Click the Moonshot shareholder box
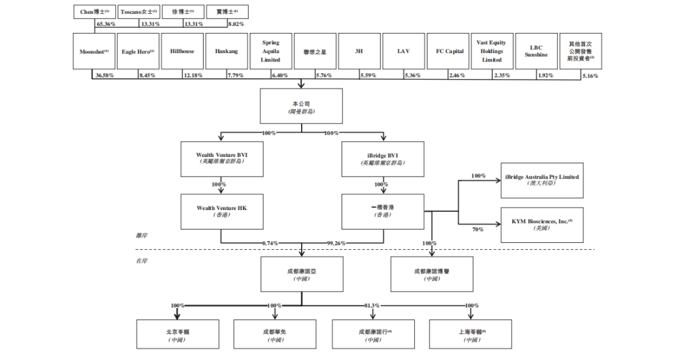click(x=94, y=51)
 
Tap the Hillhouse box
click(x=182, y=51)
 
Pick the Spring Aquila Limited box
click(x=271, y=51)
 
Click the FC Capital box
click(x=450, y=51)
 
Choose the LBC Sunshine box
click(x=536, y=51)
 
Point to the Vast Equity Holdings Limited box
click(x=492, y=51)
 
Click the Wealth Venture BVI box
click(x=221, y=158)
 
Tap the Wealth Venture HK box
click(x=221, y=211)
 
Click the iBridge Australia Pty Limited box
click(x=542, y=180)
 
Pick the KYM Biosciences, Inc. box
click(x=542, y=225)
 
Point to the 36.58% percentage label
click(x=104, y=75)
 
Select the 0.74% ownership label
click(x=270, y=243)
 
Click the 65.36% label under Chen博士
click(x=106, y=24)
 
